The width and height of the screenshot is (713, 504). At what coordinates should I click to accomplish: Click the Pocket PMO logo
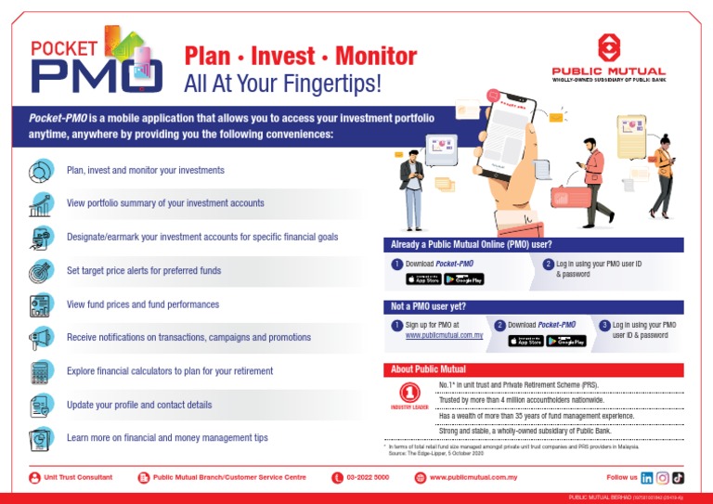tap(97, 60)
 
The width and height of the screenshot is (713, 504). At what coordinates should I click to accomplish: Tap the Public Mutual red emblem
tap(608, 47)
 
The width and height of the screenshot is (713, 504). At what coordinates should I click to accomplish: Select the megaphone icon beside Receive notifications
tap(41, 337)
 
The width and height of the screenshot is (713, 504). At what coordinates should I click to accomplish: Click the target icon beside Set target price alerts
tap(41, 271)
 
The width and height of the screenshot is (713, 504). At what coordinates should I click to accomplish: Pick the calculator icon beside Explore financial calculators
tap(41, 371)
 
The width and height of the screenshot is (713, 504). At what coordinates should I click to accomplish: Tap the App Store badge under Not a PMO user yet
tap(525, 341)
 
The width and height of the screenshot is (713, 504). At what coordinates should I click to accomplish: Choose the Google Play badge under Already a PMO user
tap(463, 279)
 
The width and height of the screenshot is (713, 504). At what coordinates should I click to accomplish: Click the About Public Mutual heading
tap(428, 369)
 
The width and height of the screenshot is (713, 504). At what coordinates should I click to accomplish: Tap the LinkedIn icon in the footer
tap(647, 477)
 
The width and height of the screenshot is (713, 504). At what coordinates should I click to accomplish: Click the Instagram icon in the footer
tap(663, 477)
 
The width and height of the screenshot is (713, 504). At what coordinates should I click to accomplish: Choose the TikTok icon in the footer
tap(679, 477)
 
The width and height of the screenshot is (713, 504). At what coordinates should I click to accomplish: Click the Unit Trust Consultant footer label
tap(78, 477)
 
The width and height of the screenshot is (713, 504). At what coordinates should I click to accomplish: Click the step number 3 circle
tap(604, 325)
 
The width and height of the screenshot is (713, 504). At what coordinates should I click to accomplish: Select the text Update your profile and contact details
tap(139, 406)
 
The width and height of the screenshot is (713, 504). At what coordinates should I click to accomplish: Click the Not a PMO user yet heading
tap(429, 306)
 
